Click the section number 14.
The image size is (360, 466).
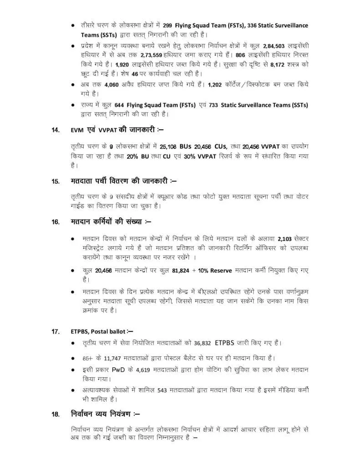[56, 130]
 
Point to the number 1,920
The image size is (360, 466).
[123, 65]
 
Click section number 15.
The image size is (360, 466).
[56, 181]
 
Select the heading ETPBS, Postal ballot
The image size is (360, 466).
[101, 331]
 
